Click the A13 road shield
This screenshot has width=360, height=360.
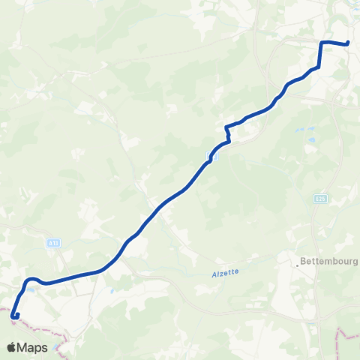52,242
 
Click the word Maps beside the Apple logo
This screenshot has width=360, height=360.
33,348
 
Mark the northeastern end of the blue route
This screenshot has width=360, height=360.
349,43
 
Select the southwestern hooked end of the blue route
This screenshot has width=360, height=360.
16,316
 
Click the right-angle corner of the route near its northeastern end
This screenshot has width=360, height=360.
322,43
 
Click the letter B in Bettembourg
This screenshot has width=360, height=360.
302,262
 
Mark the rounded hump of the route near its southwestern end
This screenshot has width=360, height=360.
32,280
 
